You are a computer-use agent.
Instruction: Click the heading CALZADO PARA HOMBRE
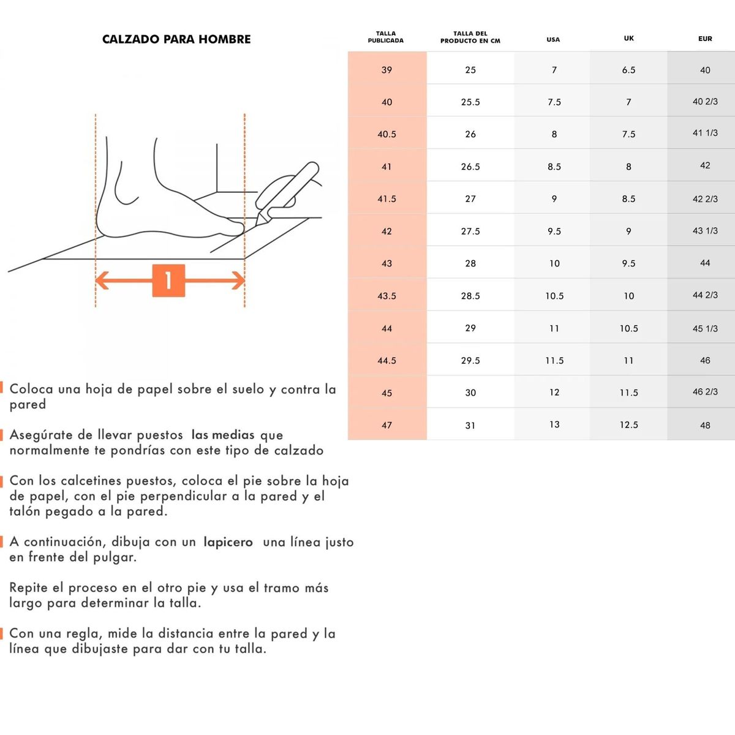tap(176, 39)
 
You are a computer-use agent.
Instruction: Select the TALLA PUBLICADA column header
tap(386, 37)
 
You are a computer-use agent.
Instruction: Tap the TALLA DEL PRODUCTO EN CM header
tap(470, 37)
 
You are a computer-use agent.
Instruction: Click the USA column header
tap(553, 39)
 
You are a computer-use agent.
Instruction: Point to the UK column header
tap(629, 38)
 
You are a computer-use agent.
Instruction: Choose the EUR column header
tap(705, 39)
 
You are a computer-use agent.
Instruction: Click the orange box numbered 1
tap(168, 281)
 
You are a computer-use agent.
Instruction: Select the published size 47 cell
tap(387, 425)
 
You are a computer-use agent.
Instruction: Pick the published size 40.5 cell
tap(387, 134)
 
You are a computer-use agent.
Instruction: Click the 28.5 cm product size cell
tap(470, 296)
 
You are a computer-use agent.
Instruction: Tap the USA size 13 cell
tap(554, 424)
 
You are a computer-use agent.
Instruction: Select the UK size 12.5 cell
tap(629, 424)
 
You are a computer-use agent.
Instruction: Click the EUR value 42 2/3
tap(705, 199)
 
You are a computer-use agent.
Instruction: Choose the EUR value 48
tap(705, 425)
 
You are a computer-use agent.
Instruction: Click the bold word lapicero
tap(228, 542)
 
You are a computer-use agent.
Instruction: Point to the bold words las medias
tap(223, 435)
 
